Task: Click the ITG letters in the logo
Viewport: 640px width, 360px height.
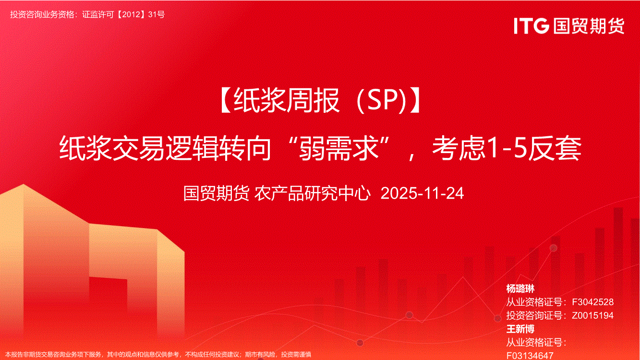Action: point(531,26)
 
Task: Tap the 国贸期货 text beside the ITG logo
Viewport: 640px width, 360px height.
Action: point(589,26)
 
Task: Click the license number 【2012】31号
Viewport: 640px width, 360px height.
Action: point(141,14)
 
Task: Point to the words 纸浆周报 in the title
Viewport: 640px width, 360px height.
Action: point(287,100)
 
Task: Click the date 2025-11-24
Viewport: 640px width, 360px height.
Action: point(423,193)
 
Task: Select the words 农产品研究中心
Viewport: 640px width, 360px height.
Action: point(312,193)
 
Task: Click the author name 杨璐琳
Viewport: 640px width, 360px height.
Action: point(520,288)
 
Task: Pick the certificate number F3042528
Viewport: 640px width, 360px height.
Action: point(592,302)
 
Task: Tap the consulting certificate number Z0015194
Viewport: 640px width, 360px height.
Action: point(592,315)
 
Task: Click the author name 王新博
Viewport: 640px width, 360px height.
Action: point(520,329)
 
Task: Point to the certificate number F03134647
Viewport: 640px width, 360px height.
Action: point(530,356)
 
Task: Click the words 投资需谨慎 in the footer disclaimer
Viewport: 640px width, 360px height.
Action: point(296,355)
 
